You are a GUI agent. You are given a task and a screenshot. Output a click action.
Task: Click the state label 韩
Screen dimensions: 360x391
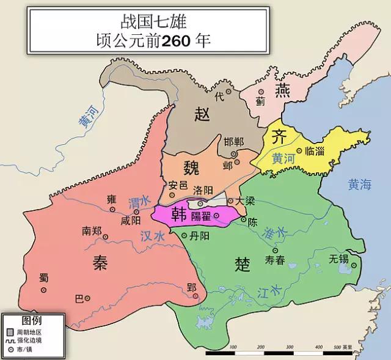pos(179,214)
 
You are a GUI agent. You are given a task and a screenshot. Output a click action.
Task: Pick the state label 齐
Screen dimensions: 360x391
pos(279,136)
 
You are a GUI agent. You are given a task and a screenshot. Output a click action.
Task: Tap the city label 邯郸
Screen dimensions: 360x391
pos(233,142)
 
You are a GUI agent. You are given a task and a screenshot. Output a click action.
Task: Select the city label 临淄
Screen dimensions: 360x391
pos(316,151)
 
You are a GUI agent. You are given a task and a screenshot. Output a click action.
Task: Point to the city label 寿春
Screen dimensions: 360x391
pos(275,260)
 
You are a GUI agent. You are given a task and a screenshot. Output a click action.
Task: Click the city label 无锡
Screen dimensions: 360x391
pos(338,259)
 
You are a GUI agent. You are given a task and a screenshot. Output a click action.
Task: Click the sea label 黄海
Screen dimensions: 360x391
pos(359,185)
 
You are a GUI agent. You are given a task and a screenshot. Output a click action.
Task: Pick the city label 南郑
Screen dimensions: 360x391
pos(92,231)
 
